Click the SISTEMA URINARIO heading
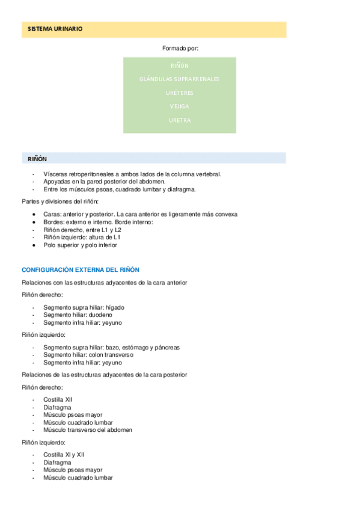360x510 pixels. point(55,29)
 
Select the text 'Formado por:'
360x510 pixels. point(180,48)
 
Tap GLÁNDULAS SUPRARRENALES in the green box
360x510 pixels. point(179,79)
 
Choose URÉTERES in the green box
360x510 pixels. point(179,93)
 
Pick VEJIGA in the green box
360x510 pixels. point(179,106)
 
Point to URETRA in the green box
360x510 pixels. point(179,120)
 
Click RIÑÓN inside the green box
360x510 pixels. point(179,66)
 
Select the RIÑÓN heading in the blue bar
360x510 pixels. point(37,159)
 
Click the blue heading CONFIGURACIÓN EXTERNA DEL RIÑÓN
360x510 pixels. point(81,270)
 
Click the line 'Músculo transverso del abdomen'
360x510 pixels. point(88,430)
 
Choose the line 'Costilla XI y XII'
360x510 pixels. point(64,455)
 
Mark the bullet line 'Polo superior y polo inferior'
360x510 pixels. point(81,245)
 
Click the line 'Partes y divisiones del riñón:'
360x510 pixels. point(60,201)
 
